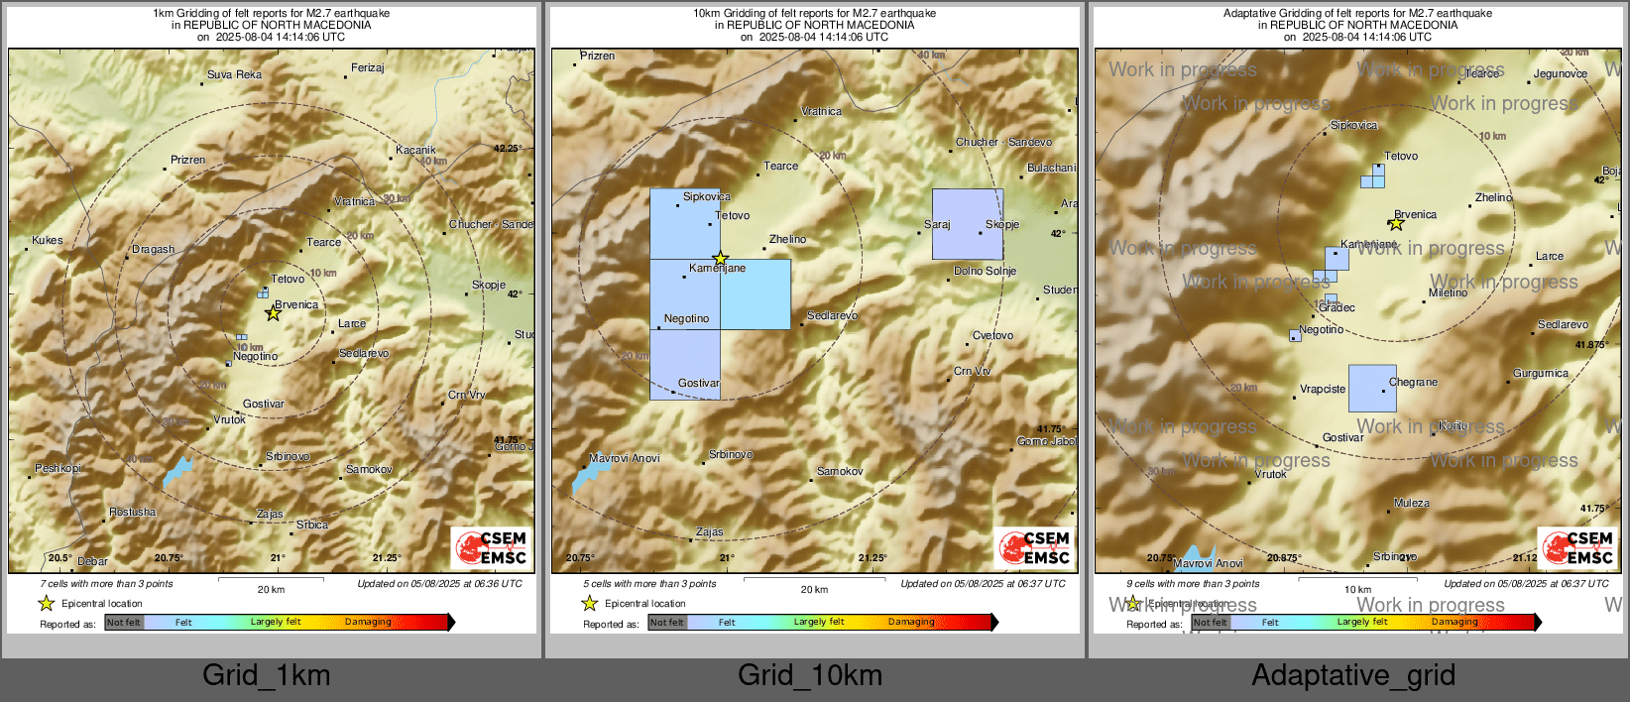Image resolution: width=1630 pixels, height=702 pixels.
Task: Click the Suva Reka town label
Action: (x=234, y=74)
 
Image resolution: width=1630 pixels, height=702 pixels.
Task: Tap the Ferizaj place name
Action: (x=367, y=68)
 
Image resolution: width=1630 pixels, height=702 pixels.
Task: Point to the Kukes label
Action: (x=47, y=240)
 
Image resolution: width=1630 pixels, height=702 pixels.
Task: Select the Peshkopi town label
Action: (x=58, y=468)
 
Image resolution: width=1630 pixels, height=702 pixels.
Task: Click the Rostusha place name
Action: (x=132, y=513)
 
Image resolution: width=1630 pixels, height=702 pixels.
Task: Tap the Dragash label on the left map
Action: (x=153, y=250)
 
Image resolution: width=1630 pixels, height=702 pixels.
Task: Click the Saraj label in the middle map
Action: (x=937, y=225)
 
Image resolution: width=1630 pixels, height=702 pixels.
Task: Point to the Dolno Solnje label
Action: (x=985, y=271)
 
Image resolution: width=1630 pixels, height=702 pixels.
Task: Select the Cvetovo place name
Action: (x=992, y=335)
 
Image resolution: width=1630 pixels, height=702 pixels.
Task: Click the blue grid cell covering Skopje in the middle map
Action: (x=967, y=224)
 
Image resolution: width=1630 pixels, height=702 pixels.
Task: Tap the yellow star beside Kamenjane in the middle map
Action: (x=720, y=259)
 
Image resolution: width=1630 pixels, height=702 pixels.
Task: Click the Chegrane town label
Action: (x=1413, y=382)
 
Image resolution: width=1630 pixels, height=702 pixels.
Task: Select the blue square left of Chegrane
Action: (x=1372, y=388)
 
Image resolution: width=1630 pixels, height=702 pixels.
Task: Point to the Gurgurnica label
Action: (x=1540, y=374)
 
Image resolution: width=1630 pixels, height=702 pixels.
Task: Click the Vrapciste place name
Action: (x=1323, y=390)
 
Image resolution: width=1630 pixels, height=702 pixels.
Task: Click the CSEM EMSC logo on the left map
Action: (x=492, y=548)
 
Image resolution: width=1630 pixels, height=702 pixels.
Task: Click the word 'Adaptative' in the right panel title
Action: (x=1254, y=13)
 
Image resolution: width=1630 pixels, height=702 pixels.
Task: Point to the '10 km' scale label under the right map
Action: (x=1357, y=590)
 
